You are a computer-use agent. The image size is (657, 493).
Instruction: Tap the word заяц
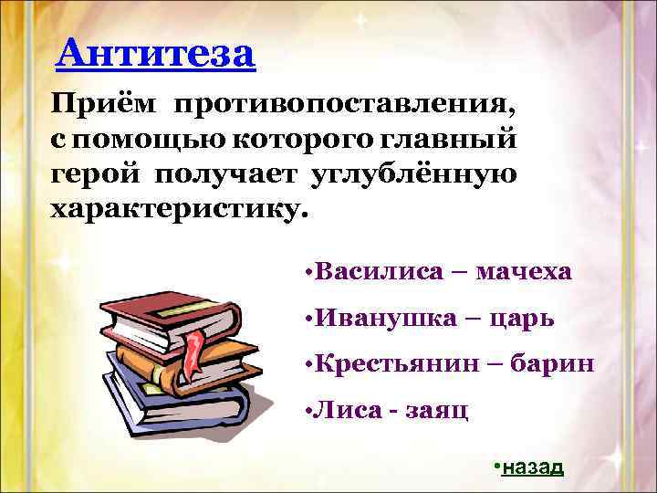(x=439, y=411)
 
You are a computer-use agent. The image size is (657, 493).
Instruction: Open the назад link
(x=533, y=467)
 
